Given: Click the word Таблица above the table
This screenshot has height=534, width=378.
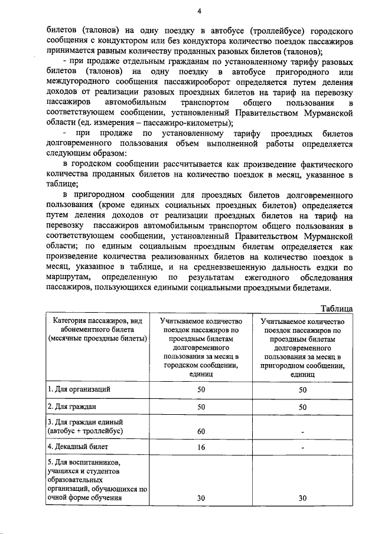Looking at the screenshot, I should (337, 308).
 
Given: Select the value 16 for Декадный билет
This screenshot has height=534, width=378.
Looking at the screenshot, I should (201, 448).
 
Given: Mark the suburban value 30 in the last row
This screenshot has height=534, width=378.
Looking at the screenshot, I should (303, 498).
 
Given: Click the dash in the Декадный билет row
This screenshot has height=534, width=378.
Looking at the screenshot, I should (303, 448).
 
